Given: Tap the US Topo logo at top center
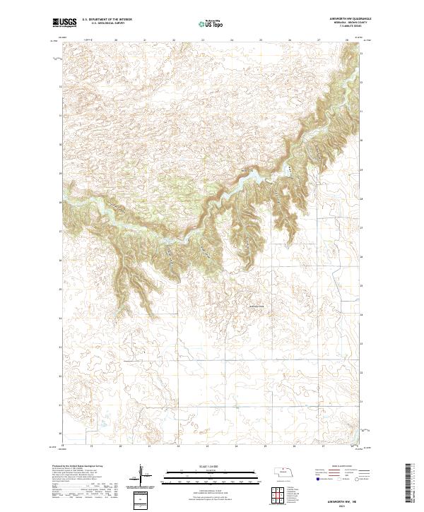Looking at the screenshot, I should [211, 23].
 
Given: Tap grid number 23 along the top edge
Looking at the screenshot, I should [204, 41].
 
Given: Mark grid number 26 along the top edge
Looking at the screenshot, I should [290, 41].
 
